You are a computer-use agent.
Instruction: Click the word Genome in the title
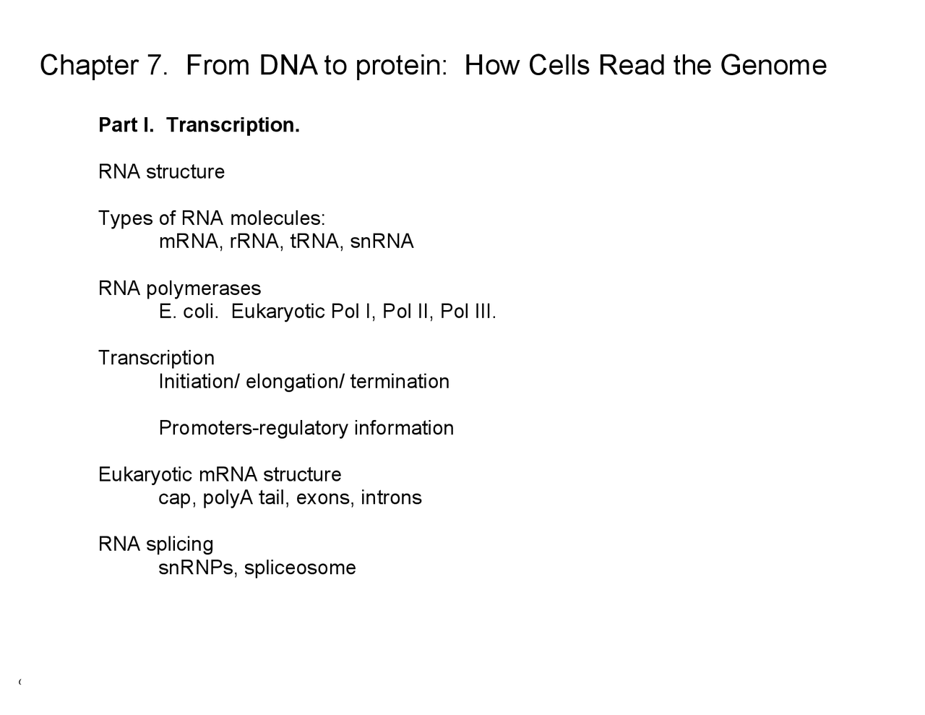tap(773, 66)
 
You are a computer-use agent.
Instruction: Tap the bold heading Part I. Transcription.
tap(199, 125)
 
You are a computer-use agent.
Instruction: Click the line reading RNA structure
tap(161, 172)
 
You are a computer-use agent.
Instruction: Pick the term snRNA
tap(382, 241)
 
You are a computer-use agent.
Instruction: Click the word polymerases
tap(203, 288)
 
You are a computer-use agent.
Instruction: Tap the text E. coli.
tap(188, 312)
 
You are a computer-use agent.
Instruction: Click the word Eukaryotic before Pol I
tap(277, 312)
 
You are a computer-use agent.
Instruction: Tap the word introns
tap(391, 498)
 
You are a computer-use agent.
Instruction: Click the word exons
tap(324, 498)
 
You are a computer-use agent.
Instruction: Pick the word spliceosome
tap(300, 568)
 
